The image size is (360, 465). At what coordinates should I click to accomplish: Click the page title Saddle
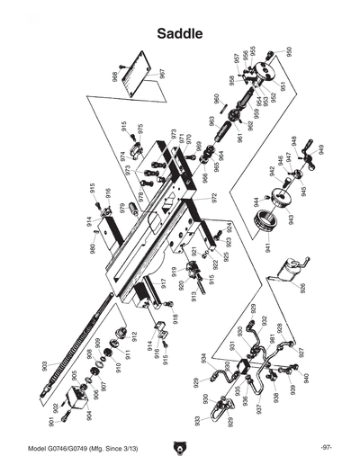coord(179,34)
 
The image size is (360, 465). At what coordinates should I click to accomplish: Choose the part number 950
coord(290,52)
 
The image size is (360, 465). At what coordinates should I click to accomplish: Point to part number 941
coord(267,246)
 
